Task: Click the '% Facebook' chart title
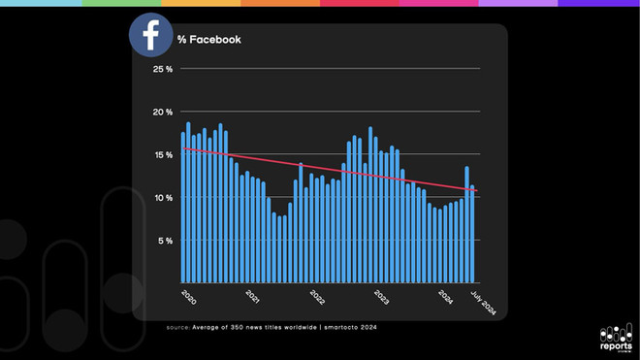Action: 208,40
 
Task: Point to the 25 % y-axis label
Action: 162,69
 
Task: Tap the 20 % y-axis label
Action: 162,112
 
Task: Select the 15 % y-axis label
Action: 162,154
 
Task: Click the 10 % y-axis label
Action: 162,197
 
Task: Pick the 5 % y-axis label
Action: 164,240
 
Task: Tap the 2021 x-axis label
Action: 252,296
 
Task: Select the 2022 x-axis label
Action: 316,296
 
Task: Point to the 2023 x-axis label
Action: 381,296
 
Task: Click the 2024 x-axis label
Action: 445,296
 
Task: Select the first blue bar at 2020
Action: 182,209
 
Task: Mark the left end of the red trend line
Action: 181,148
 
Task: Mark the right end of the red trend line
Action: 478,191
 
